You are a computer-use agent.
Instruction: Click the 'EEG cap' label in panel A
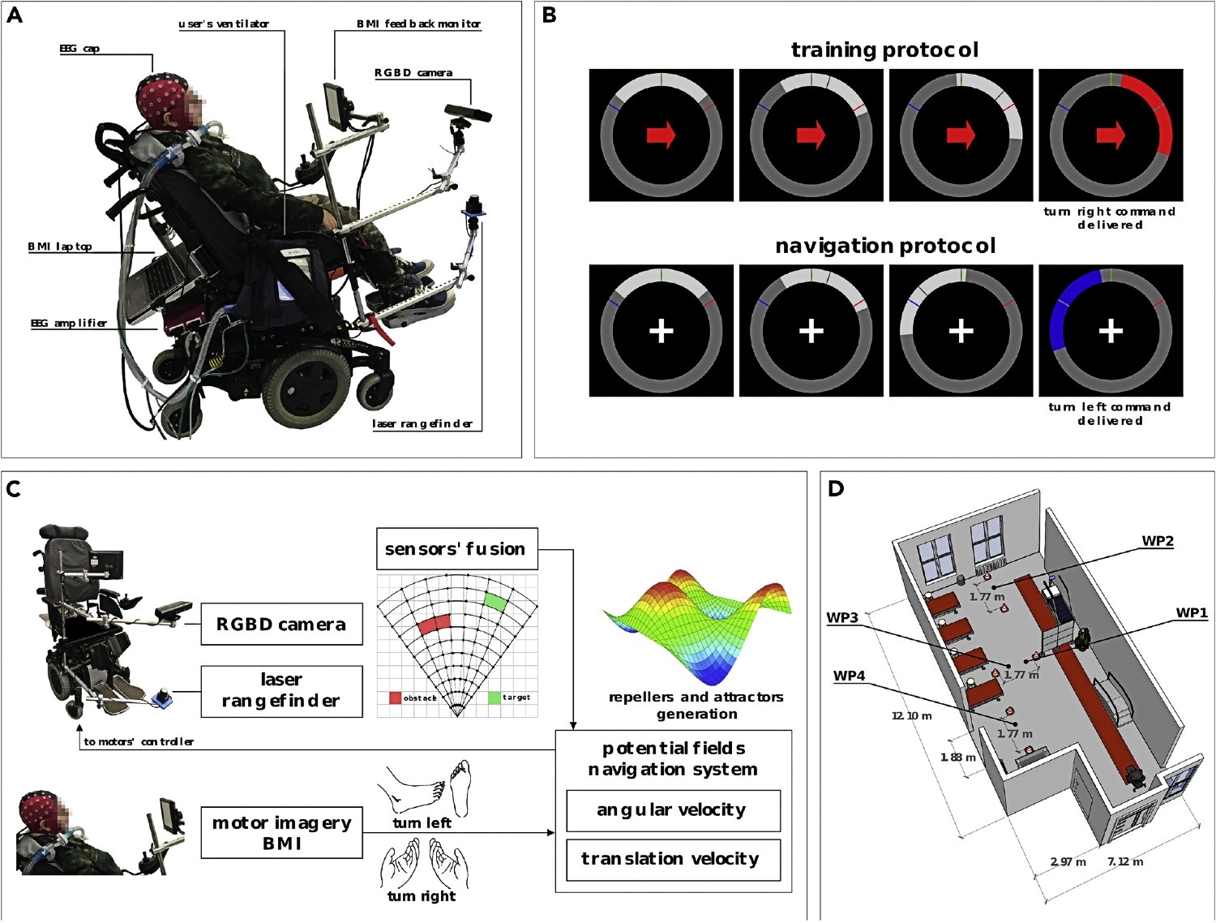[x=79, y=49]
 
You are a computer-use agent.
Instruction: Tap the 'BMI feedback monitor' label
[x=418, y=24]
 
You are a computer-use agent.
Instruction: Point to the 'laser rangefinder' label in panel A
[x=422, y=424]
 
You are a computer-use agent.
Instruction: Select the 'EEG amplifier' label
[x=69, y=323]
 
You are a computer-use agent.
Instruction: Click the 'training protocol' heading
[x=884, y=50]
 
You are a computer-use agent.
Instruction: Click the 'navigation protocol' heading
[x=885, y=246]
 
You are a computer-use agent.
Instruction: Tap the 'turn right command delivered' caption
[x=1110, y=218]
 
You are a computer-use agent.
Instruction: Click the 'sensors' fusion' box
[x=457, y=548]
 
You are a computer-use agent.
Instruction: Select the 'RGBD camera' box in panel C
[x=281, y=624]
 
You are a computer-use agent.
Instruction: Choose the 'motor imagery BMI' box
[x=281, y=833]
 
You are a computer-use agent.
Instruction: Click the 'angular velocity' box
[x=673, y=810]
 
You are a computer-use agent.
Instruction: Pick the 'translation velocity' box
[x=673, y=859]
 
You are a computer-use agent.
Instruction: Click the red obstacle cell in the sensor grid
[x=435, y=624]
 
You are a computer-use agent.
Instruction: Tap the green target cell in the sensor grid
[x=495, y=602]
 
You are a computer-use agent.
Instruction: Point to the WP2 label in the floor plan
[x=1158, y=541]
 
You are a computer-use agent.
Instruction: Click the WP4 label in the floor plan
[x=849, y=676]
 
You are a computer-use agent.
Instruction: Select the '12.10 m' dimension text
[x=911, y=716]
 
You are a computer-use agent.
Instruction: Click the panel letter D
[x=836, y=488]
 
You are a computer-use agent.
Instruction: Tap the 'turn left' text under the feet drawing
[x=422, y=823]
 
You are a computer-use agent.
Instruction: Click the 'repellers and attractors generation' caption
[x=696, y=706]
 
